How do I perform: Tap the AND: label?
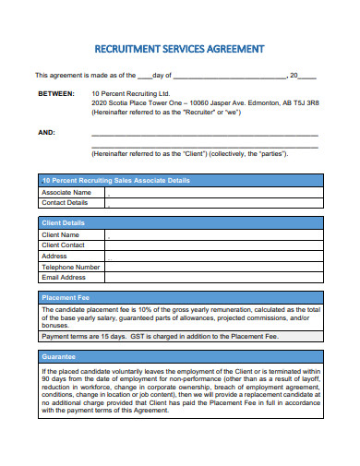46,132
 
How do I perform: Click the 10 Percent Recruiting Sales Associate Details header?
116,180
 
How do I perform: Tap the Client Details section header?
64,223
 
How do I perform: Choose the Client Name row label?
61,234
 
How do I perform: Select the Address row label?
54,256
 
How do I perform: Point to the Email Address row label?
64,277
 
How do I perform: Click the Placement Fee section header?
65,298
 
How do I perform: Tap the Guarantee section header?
58,355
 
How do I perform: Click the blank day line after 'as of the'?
144,75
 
